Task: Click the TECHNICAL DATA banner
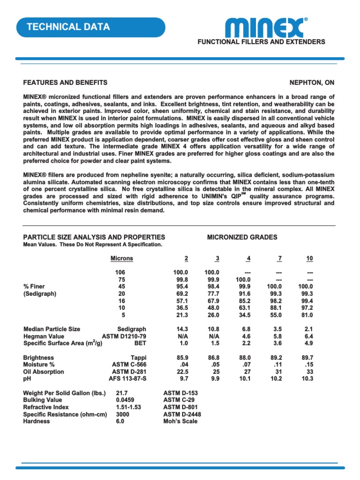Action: click(68, 27)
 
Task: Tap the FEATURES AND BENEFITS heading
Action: click(65, 82)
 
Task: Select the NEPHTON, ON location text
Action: click(312, 82)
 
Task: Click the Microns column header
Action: click(121, 258)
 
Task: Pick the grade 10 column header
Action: click(309, 258)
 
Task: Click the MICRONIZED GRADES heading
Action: click(242, 237)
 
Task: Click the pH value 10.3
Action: click(307, 379)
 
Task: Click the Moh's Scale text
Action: click(180, 421)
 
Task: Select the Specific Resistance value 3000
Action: click(123, 414)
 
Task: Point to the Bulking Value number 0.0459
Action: click(126, 400)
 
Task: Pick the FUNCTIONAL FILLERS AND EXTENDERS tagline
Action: click(261, 42)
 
